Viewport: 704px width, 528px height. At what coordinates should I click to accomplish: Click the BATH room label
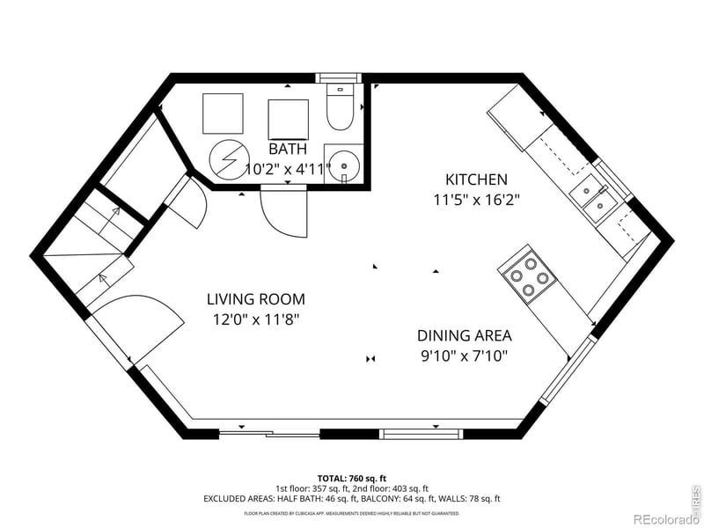pos(288,149)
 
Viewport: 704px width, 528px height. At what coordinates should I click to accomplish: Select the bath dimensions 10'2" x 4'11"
pos(288,169)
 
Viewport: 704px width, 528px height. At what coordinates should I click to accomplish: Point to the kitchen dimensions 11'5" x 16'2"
pos(477,200)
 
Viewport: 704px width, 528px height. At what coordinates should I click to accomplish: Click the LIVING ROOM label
pos(256,299)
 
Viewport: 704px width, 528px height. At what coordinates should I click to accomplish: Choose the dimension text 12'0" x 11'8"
pos(256,319)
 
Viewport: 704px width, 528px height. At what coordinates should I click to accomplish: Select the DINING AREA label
pos(464,335)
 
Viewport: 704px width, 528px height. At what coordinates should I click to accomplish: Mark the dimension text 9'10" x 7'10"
pos(464,356)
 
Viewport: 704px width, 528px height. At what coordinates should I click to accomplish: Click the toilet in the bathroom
pos(339,108)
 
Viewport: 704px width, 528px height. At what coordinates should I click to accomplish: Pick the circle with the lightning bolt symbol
pos(227,159)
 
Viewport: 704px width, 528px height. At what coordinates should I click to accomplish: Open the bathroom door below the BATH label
pos(283,211)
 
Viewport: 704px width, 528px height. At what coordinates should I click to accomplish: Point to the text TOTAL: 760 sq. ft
pos(351,477)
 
